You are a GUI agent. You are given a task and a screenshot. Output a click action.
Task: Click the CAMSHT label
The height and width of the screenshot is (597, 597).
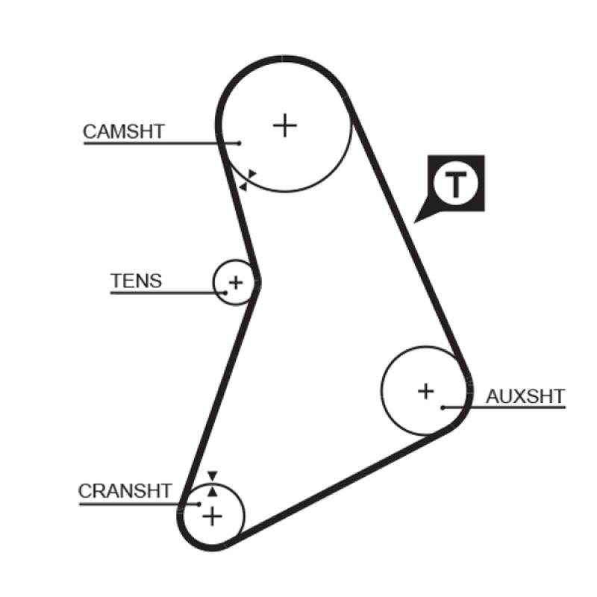click(x=123, y=132)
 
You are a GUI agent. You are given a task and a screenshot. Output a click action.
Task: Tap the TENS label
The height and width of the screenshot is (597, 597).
click(x=136, y=281)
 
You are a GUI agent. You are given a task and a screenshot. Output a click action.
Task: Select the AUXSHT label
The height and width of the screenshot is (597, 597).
click(x=525, y=396)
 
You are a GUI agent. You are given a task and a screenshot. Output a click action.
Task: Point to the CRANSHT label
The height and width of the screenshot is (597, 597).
click(x=125, y=491)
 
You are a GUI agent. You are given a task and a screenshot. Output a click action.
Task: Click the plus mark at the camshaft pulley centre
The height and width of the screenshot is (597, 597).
click(x=284, y=125)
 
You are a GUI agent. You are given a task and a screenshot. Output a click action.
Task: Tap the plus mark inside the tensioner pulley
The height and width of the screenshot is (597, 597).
click(x=236, y=283)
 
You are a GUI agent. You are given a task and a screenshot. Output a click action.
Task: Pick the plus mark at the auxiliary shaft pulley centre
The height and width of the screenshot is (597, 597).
click(x=425, y=390)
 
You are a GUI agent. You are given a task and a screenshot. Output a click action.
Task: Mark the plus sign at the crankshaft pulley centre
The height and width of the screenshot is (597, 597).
click(x=213, y=516)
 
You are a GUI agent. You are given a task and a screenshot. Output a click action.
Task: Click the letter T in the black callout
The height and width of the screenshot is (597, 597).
click(x=455, y=184)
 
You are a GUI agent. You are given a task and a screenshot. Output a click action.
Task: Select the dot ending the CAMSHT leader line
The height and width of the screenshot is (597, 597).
click(x=240, y=143)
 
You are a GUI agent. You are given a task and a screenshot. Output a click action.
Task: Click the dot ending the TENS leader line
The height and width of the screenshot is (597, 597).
click(x=225, y=293)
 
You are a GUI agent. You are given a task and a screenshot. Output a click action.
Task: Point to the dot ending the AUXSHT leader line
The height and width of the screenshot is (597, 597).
click(x=443, y=407)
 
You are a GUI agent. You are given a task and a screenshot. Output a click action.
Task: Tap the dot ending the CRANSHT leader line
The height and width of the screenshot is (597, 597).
click(x=199, y=504)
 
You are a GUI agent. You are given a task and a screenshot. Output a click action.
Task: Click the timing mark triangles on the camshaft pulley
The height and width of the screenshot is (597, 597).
click(x=247, y=180)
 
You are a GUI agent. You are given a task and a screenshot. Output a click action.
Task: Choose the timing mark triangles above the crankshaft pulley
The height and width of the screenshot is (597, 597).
click(x=213, y=483)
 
